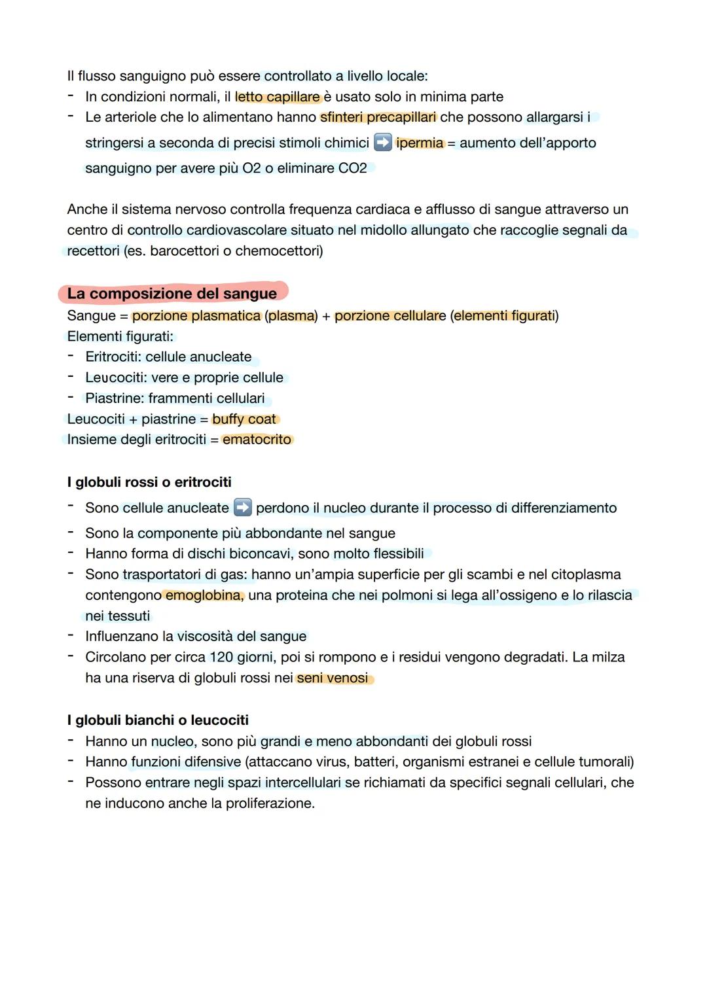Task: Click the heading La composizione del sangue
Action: point(172,294)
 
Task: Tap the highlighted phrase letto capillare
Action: point(278,97)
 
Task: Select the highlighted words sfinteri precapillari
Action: point(378,117)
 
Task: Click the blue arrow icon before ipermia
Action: point(382,143)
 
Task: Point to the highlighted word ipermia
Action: point(420,143)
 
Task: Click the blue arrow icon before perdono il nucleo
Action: point(242,508)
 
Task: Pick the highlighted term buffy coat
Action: point(244,419)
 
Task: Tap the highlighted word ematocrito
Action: point(257,440)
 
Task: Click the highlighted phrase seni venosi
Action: point(333,678)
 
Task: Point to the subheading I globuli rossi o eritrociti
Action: point(149,482)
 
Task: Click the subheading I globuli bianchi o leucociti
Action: point(158,720)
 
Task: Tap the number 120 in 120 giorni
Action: point(221,657)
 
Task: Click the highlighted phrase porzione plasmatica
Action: point(196,316)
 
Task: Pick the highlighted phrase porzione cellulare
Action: point(390,316)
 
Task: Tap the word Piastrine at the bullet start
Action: point(113,398)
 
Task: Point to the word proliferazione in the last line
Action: point(269,803)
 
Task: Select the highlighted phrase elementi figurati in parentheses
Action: point(503,316)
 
